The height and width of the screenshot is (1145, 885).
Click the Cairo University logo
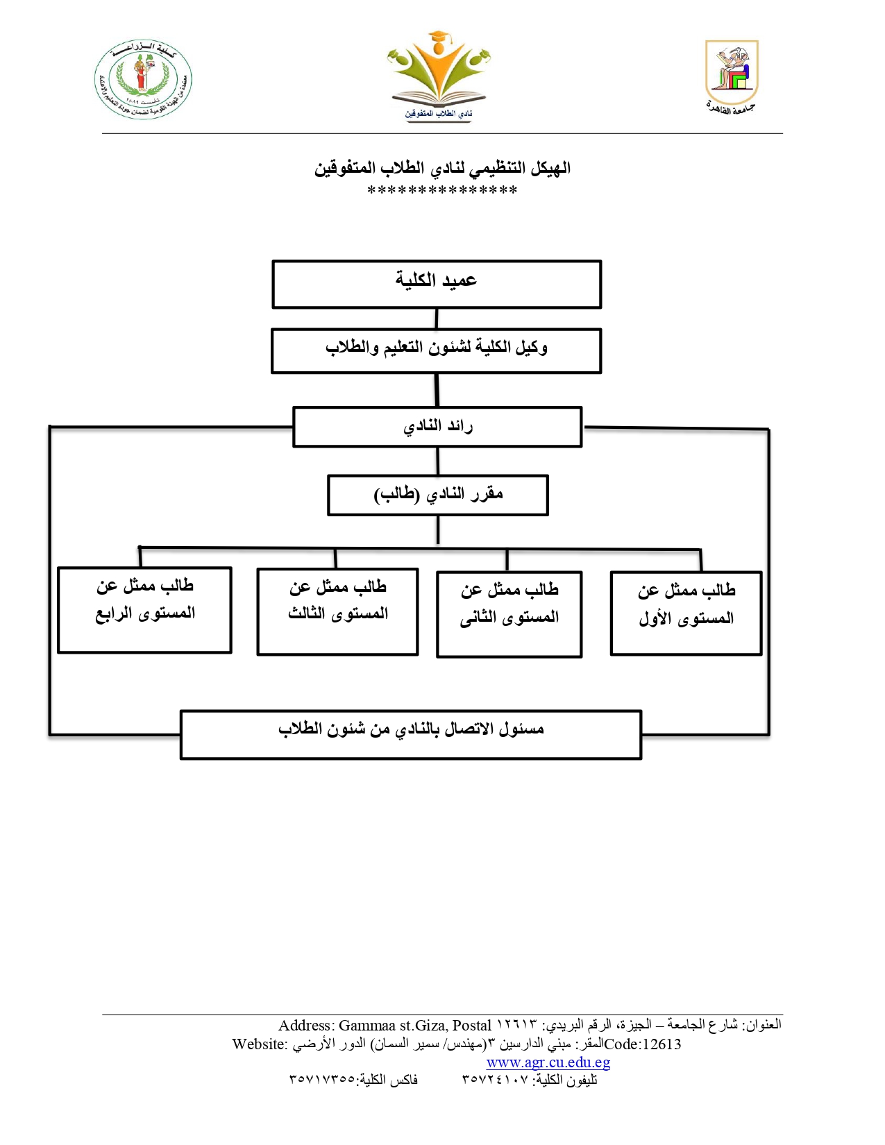[x=732, y=76]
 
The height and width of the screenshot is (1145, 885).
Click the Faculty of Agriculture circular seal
[x=144, y=79]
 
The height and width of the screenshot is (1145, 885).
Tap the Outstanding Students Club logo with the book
[x=439, y=76]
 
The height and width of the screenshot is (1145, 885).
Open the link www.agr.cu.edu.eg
[x=548, y=1062]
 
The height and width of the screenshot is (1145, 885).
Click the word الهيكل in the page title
[x=551, y=168]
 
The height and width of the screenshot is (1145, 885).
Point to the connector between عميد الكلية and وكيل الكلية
[x=437, y=319]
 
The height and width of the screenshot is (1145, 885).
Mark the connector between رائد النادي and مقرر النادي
[x=437, y=461]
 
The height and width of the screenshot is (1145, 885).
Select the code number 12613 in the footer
[x=661, y=1044]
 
